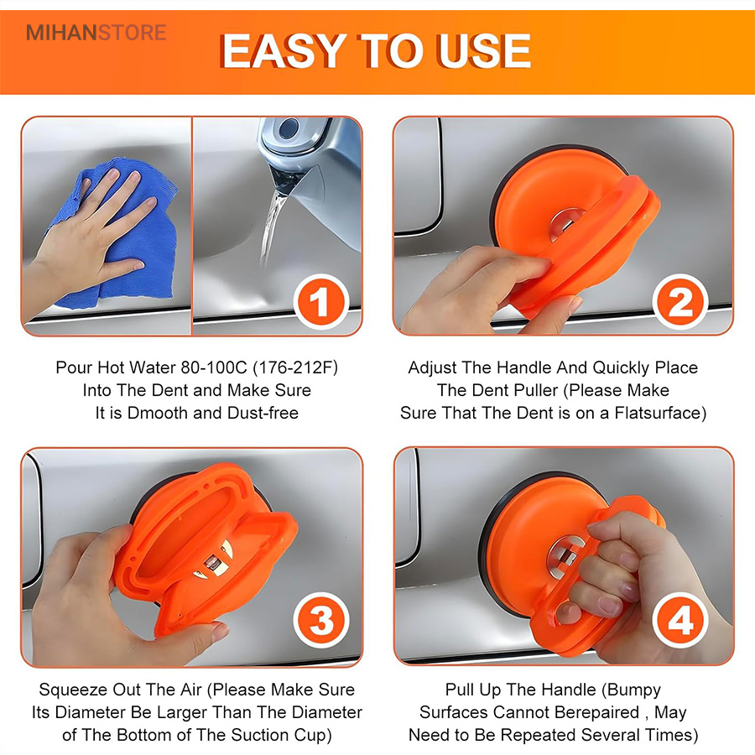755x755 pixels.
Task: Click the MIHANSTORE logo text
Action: pos(96,33)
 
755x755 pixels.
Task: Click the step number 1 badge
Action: pos(320,301)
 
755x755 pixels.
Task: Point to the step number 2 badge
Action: pos(679,301)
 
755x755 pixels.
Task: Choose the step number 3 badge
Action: pos(320,620)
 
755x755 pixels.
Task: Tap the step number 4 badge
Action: pos(679,620)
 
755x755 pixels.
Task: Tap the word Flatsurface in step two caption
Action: pos(660,413)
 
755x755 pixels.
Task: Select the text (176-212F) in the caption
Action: pos(295,368)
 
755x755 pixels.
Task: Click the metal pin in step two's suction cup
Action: pos(566,222)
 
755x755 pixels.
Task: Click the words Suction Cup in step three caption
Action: pos(281,735)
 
